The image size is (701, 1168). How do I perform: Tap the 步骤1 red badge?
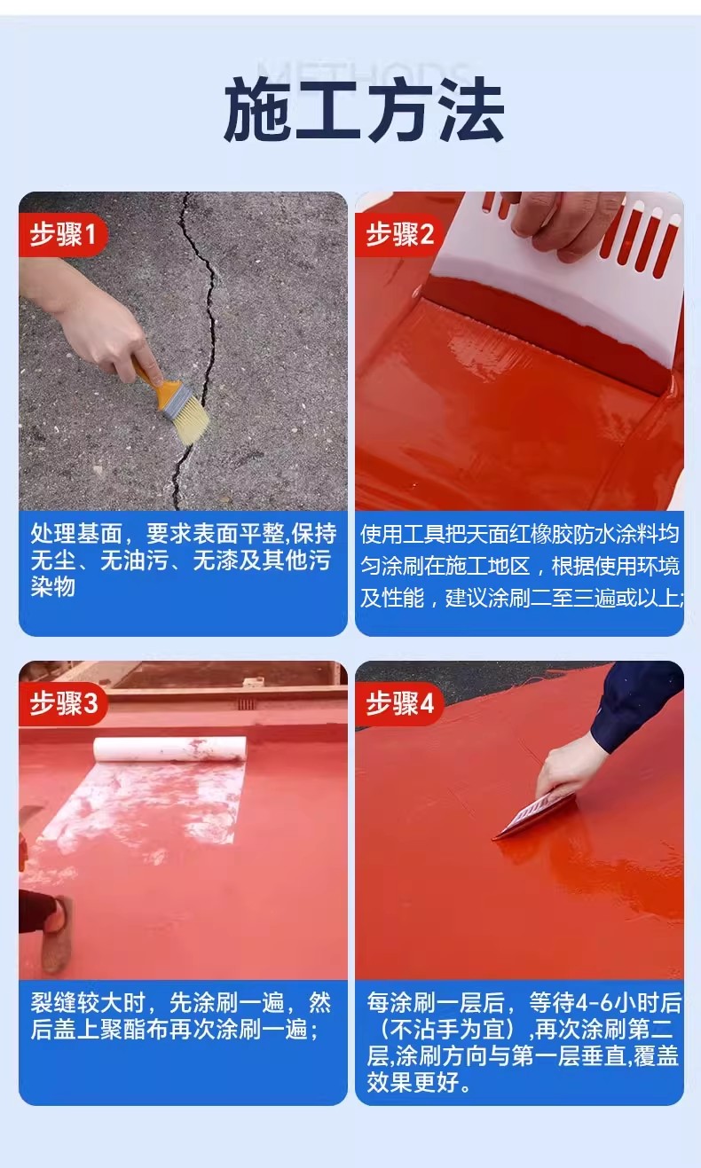coord(63,234)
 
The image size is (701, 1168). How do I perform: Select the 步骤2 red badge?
coord(399,234)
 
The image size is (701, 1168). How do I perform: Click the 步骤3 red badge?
coord(63,704)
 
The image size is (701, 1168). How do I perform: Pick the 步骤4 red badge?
coord(399,704)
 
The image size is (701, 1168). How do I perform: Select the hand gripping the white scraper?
coord(563,224)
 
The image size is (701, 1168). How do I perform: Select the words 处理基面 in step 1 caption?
coord(76,533)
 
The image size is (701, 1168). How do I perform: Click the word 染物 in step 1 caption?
coord(52,586)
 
